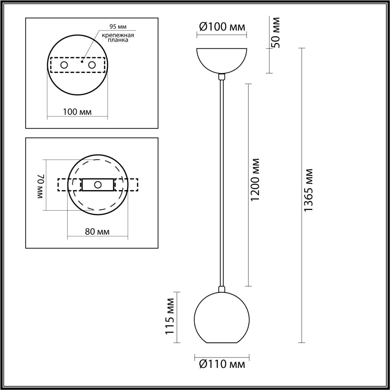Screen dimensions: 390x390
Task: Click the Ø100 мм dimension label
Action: pyautogui.click(x=222, y=27)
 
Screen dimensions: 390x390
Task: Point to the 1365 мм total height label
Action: pyautogui.click(x=308, y=190)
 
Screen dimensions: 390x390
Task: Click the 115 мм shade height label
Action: pyautogui.click(x=170, y=317)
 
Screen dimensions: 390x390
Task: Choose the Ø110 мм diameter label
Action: pyautogui.click(x=222, y=364)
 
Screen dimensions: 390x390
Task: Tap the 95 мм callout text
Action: pyautogui.click(x=118, y=27)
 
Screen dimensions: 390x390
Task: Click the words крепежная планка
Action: pyautogui.click(x=118, y=37)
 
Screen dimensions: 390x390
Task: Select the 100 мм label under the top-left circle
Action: pyautogui.click(x=77, y=112)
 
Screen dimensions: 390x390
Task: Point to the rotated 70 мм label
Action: pyautogui.click(x=41, y=186)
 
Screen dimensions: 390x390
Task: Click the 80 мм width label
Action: pyautogui.click(x=97, y=232)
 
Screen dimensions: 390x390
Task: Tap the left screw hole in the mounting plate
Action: pyautogui.click(x=64, y=65)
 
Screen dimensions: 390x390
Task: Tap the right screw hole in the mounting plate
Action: pyautogui.click(x=92, y=65)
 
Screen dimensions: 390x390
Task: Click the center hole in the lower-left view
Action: pyautogui.click(x=98, y=185)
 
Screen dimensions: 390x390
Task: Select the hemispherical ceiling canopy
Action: pyautogui.click(x=222, y=59)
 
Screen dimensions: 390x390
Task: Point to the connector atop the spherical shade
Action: pyautogui.click(x=222, y=289)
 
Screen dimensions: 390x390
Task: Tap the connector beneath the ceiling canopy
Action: pyautogui.click(x=222, y=76)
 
